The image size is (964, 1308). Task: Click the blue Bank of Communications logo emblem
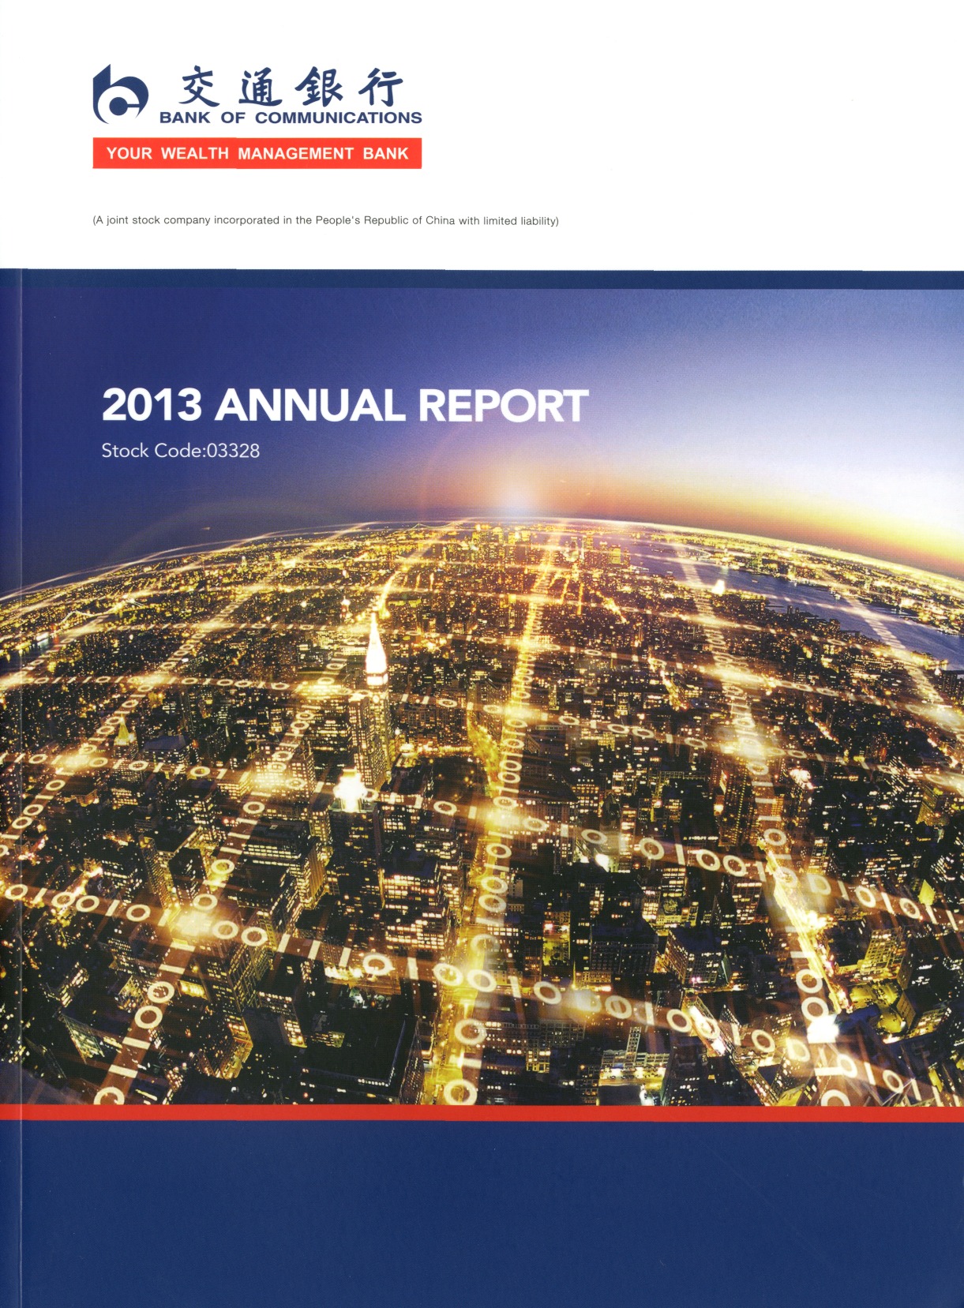point(120,94)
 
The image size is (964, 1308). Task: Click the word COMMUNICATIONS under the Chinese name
point(339,118)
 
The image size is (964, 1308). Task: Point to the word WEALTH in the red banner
point(195,154)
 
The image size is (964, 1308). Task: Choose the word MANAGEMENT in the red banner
point(295,154)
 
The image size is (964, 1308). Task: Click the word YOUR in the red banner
point(129,154)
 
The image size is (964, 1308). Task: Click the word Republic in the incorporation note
point(389,221)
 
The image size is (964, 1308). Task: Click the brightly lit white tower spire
point(376,648)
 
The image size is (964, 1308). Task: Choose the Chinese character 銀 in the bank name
point(320,88)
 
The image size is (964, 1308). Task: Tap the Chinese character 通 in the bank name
point(257,88)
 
